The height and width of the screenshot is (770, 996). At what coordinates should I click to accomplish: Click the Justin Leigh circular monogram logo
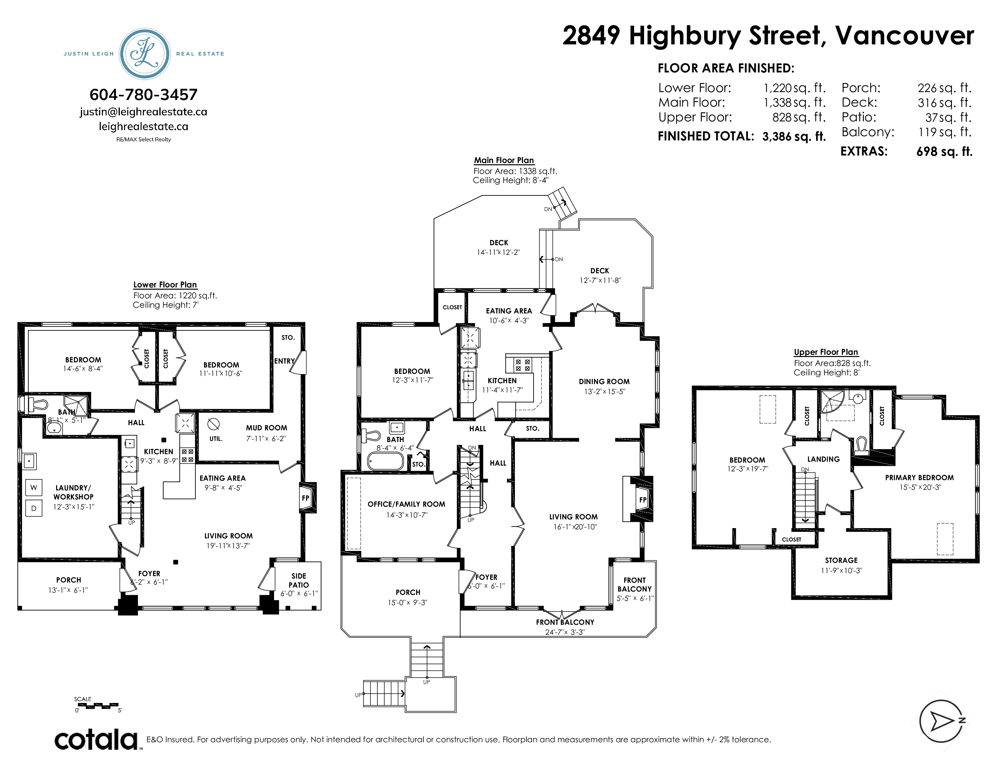pyautogui.click(x=145, y=54)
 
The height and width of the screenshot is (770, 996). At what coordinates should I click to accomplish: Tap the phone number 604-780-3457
pyautogui.click(x=144, y=95)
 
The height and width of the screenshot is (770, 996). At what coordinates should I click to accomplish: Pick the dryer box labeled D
pyautogui.click(x=34, y=508)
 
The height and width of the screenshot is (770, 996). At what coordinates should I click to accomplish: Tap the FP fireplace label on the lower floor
pyautogui.click(x=305, y=498)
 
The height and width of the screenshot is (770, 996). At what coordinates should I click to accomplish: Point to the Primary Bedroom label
pyautogui.click(x=919, y=478)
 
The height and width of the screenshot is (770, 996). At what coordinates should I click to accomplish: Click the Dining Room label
pyautogui.click(x=604, y=381)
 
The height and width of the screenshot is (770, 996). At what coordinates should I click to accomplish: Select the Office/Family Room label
pyautogui.click(x=406, y=504)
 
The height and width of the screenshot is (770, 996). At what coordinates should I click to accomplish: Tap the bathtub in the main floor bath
pyautogui.click(x=386, y=461)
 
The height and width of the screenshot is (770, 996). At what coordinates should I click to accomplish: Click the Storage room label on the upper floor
pyautogui.click(x=841, y=560)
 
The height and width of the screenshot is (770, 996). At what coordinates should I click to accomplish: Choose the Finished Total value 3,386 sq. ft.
pyautogui.click(x=794, y=136)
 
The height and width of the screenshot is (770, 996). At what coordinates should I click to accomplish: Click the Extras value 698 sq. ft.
pyautogui.click(x=944, y=152)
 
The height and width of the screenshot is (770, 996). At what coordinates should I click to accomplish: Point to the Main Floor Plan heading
pyautogui.click(x=504, y=160)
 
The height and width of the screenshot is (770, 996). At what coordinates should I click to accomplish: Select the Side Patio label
pyautogui.click(x=299, y=580)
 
